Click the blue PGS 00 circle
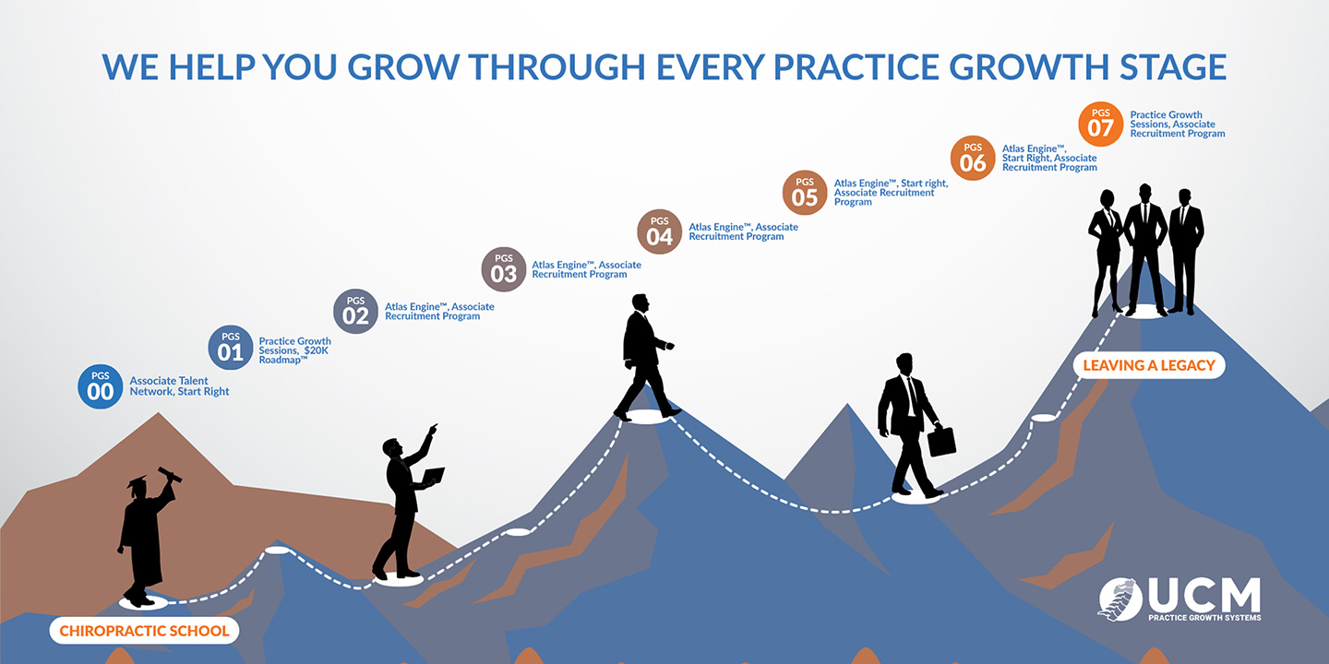(101, 386)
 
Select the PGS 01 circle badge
(231, 348)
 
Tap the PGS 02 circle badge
(355, 312)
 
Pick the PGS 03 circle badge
(504, 269)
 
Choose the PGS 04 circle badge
(659, 231)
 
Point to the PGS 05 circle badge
(805, 193)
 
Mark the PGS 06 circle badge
(973, 158)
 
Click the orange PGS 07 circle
(1100, 124)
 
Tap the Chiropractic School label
(144, 631)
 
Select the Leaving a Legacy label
(1149, 365)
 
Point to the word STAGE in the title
(1173, 67)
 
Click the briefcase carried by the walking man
(941, 440)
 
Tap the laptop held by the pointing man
(433, 476)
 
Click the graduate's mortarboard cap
(137, 481)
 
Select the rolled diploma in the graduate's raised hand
(170, 474)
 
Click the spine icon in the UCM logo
(1119, 599)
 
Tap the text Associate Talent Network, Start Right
(179, 385)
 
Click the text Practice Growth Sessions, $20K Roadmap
(295, 350)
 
